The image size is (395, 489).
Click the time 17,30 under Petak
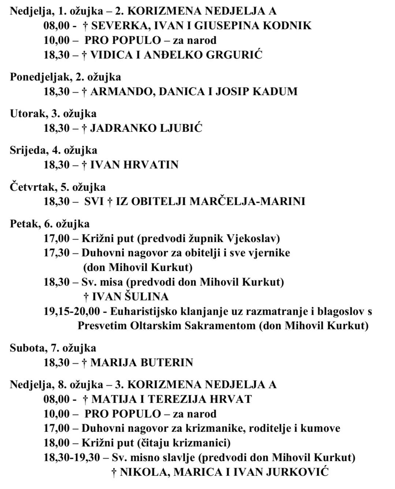tap(57, 253)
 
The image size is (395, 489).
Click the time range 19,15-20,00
tap(72, 311)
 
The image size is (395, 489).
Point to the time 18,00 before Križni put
tap(57, 443)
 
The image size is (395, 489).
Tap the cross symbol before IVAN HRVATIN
tap(84, 165)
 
